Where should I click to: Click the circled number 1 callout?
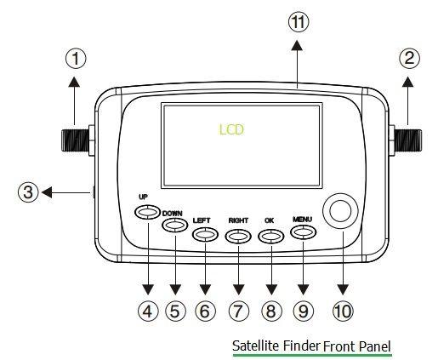[x=76, y=58]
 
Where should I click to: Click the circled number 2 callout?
[x=410, y=58]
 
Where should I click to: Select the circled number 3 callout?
[x=28, y=192]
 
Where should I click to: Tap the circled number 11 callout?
[x=298, y=24]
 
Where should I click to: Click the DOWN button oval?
[x=173, y=226]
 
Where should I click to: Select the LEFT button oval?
[x=205, y=233]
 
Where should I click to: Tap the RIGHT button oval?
[x=238, y=233]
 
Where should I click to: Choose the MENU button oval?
[x=304, y=233]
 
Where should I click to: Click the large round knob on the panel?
[x=340, y=210]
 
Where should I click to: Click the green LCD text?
[x=230, y=130]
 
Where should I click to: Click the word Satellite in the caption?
[x=255, y=346]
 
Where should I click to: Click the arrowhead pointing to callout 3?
[x=48, y=192]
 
